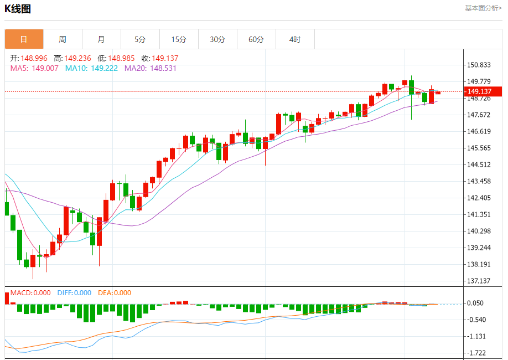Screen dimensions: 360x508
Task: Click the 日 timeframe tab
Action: (x=24, y=39)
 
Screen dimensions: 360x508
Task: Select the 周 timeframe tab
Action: (x=63, y=39)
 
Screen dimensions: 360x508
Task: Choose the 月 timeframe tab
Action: (x=101, y=39)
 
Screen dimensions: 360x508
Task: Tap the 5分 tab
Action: (x=140, y=39)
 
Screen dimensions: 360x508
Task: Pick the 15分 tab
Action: (x=179, y=39)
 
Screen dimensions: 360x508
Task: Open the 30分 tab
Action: (x=217, y=39)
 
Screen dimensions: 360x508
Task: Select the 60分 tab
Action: (x=256, y=39)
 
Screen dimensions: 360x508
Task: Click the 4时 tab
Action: (x=295, y=39)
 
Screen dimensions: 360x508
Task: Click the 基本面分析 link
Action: (x=483, y=8)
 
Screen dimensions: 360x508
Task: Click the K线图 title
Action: (x=18, y=9)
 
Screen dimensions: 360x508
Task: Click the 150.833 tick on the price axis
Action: (x=479, y=65)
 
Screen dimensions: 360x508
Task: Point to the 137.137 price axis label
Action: (x=479, y=281)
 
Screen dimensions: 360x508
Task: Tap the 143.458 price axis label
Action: (x=479, y=182)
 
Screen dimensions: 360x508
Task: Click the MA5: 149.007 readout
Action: (x=34, y=68)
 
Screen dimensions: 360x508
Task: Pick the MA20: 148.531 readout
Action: (x=151, y=68)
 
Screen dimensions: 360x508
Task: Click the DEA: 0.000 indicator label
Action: (x=115, y=293)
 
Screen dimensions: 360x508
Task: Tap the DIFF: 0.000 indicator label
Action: (x=74, y=293)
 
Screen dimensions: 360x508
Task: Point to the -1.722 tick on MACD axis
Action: (x=477, y=353)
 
